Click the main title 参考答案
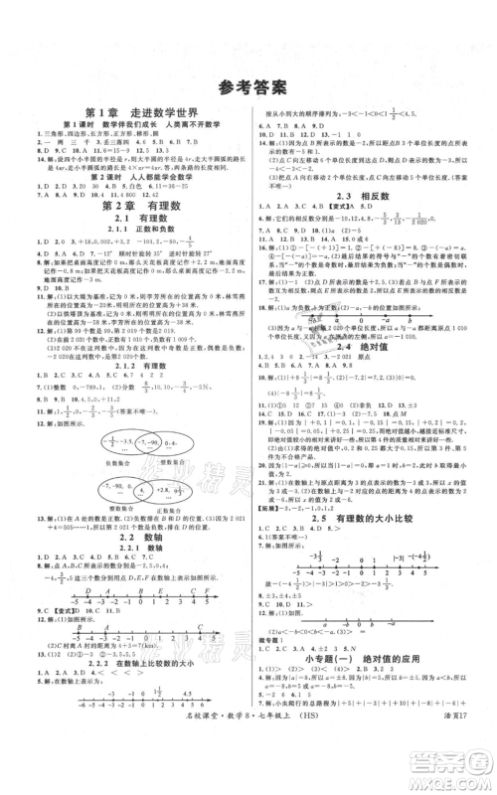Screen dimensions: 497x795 pos(248,85)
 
